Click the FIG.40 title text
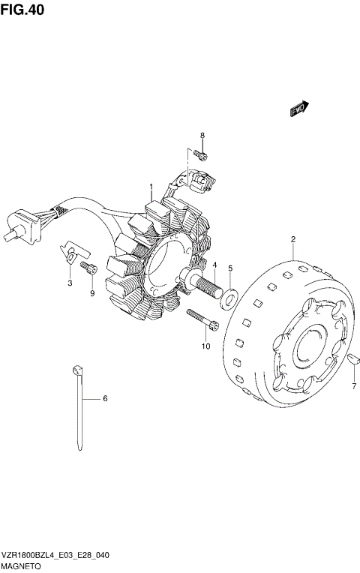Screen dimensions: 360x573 pyautogui.click(x=22, y=10)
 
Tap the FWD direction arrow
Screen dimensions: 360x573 pyautogui.click(x=300, y=109)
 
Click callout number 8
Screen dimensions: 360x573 pyautogui.click(x=202, y=136)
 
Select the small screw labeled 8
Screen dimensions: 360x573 pyautogui.click(x=200, y=156)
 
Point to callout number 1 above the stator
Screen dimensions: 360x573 pyautogui.click(x=151, y=187)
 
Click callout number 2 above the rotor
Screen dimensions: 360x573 pyautogui.click(x=293, y=240)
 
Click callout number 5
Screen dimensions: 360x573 pyautogui.click(x=230, y=268)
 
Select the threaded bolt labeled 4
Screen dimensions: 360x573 pyautogui.click(x=201, y=281)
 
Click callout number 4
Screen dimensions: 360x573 pyautogui.click(x=215, y=265)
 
